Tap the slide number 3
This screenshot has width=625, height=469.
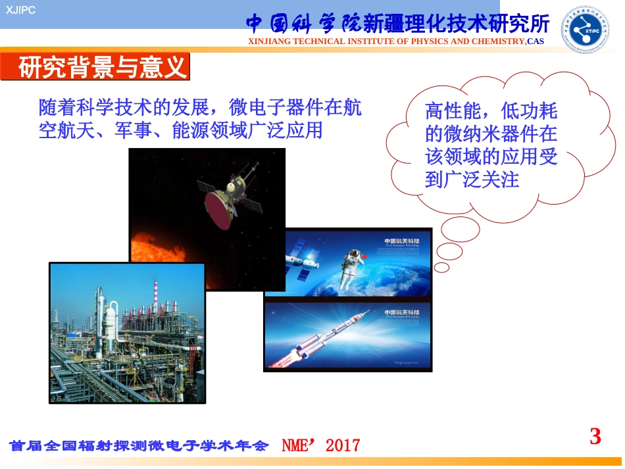595,437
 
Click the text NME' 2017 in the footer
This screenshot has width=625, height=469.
321,445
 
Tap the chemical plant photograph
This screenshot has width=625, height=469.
127,333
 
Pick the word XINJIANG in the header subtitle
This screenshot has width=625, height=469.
270,41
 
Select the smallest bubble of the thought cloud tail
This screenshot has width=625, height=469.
441,267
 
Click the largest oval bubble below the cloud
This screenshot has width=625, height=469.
461,230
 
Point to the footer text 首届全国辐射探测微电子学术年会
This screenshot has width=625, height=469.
139,446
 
